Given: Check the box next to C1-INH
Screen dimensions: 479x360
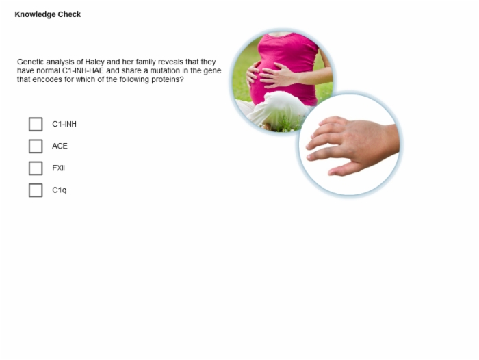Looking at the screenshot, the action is tap(36, 124).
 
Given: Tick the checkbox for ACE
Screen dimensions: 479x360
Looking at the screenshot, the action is tap(36, 146).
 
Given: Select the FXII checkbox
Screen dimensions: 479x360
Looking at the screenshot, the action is tap(36, 168).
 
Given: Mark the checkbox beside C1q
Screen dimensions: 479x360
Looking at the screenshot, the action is tap(36, 190).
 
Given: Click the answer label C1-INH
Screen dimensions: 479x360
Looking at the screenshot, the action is tap(64, 124).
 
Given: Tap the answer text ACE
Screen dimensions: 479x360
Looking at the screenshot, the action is tap(60, 146).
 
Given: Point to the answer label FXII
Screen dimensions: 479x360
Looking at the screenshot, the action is tap(58, 168).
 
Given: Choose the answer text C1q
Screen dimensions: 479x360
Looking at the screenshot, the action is tap(60, 190).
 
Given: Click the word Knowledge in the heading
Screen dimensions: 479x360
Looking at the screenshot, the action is tap(36, 14).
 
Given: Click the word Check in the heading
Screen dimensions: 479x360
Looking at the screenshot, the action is tap(70, 14).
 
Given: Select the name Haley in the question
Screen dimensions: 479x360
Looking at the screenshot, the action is tap(94, 62).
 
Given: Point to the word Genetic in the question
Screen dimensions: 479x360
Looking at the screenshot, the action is tap(30, 62).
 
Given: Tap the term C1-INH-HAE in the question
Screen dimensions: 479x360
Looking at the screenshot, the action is tap(83, 70).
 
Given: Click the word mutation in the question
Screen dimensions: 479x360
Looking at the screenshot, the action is tap(165, 70).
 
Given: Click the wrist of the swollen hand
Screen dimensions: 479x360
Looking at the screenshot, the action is tap(391, 139).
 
